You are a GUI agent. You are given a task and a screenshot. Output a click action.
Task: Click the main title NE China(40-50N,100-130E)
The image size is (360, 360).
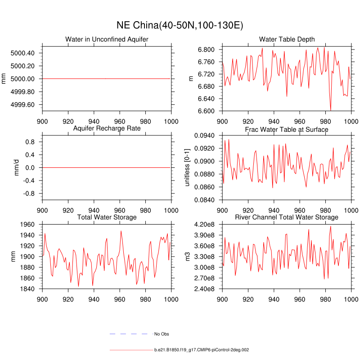[x=180, y=25]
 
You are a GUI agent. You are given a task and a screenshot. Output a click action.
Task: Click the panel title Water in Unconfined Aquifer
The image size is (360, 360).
[x=107, y=40]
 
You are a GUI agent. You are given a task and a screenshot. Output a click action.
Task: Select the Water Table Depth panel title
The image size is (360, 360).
[x=287, y=40]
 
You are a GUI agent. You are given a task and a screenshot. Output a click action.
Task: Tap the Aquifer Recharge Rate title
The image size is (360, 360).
[x=107, y=129]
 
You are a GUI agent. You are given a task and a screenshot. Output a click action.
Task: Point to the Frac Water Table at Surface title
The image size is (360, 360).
[x=287, y=129]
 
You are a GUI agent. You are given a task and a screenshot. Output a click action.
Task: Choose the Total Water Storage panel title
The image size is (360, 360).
[x=107, y=217]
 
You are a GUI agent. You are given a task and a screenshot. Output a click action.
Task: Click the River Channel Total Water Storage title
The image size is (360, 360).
[x=287, y=217]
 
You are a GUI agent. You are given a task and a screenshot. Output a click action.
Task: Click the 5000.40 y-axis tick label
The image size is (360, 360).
[x=22, y=53]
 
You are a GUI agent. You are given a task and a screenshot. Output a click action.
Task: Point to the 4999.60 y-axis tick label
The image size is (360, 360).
[x=22, y=105]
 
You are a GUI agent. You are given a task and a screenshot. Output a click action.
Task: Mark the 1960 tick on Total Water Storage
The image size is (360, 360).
[x=28, y=225]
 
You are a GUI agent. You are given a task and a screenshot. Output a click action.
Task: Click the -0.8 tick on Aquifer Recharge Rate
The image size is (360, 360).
[x=29, y=193]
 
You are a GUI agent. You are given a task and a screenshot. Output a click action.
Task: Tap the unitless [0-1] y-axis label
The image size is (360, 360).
[x=187, y=167]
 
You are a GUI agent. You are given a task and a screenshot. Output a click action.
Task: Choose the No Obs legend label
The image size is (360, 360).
[x=162, y=334]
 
